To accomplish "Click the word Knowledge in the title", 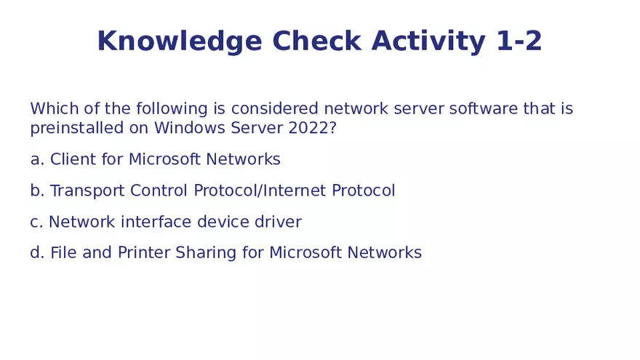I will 180,42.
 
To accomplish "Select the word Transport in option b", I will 88,191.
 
